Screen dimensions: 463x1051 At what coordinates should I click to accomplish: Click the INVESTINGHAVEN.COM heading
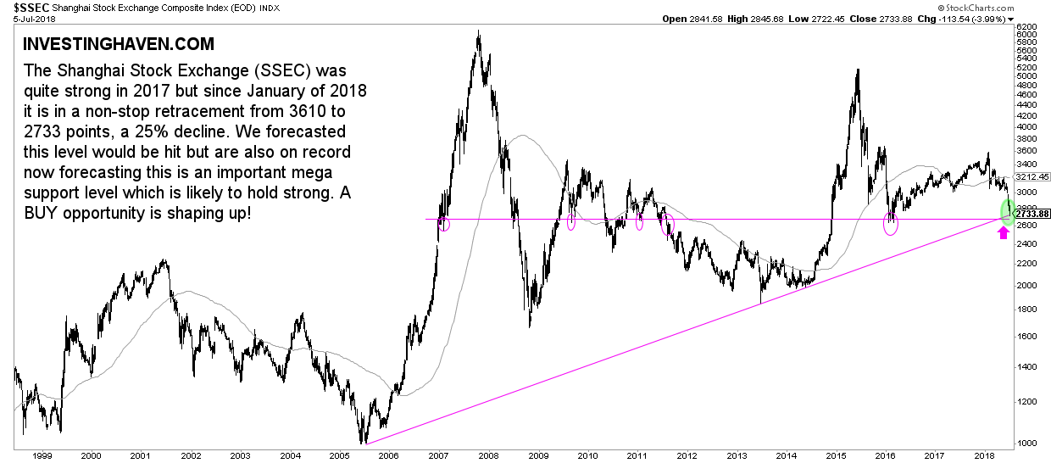[119, 44]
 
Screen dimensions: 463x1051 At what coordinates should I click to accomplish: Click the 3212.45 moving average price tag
[1034, 177]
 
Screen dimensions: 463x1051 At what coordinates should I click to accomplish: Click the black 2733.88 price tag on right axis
[1034, 213]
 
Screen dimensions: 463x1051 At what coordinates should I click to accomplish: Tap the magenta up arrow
[1004, 234]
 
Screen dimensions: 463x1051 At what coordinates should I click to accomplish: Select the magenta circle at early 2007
[443, 224]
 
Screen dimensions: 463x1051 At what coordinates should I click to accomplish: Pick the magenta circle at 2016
[891, 224]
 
